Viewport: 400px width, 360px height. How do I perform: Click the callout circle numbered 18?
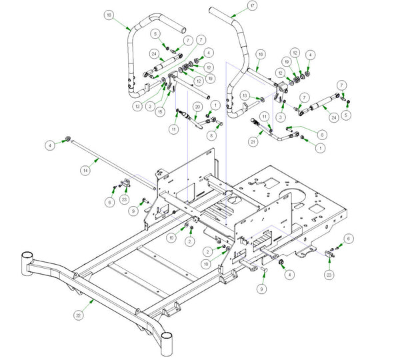click(x=109, y=15)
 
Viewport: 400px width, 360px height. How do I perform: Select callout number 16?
click(x=261, y=53)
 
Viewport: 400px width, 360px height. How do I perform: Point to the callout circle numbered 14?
click(x=85, y=171)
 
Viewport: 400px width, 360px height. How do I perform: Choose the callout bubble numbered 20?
click(x=197, y=107)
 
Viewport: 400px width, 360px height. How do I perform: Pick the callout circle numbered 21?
click(x=253, y=141)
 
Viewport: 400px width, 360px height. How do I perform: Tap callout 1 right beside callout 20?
click(x=215, y=105)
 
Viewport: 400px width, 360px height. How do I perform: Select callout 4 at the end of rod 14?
click(x=49, y=144)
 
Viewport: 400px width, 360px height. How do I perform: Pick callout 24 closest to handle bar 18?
click(x=154, y=53)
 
